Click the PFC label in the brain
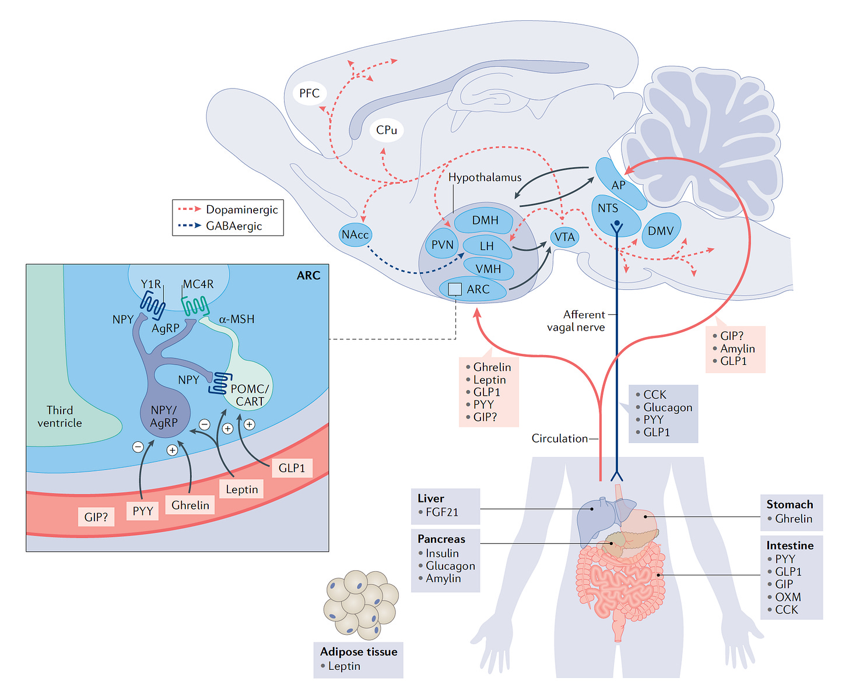309,93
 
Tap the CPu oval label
386,130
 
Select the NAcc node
355,235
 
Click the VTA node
564,237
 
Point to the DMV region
661,230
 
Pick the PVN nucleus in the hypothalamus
442,245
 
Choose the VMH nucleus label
489,269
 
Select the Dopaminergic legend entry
228,209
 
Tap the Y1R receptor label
150,284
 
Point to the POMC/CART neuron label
250,395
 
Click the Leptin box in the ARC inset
241,490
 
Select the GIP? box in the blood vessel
96,517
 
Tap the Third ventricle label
59,417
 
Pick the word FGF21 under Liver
442,512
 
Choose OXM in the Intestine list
788,597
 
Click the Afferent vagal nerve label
576,321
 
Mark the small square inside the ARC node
455,290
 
